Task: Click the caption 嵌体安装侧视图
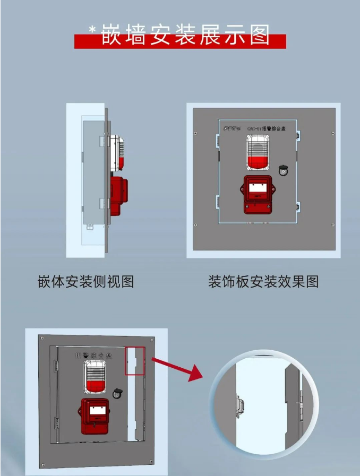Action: (x=85, y=281)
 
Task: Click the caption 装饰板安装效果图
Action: (x=263, y=281)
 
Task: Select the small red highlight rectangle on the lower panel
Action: (x=135, y=361)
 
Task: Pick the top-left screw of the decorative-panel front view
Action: (x=196, y=128)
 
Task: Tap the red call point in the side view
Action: (x=119, y=192)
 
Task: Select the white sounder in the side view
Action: (x=117, y=153)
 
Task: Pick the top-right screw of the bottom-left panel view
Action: (x=152, y=340)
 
